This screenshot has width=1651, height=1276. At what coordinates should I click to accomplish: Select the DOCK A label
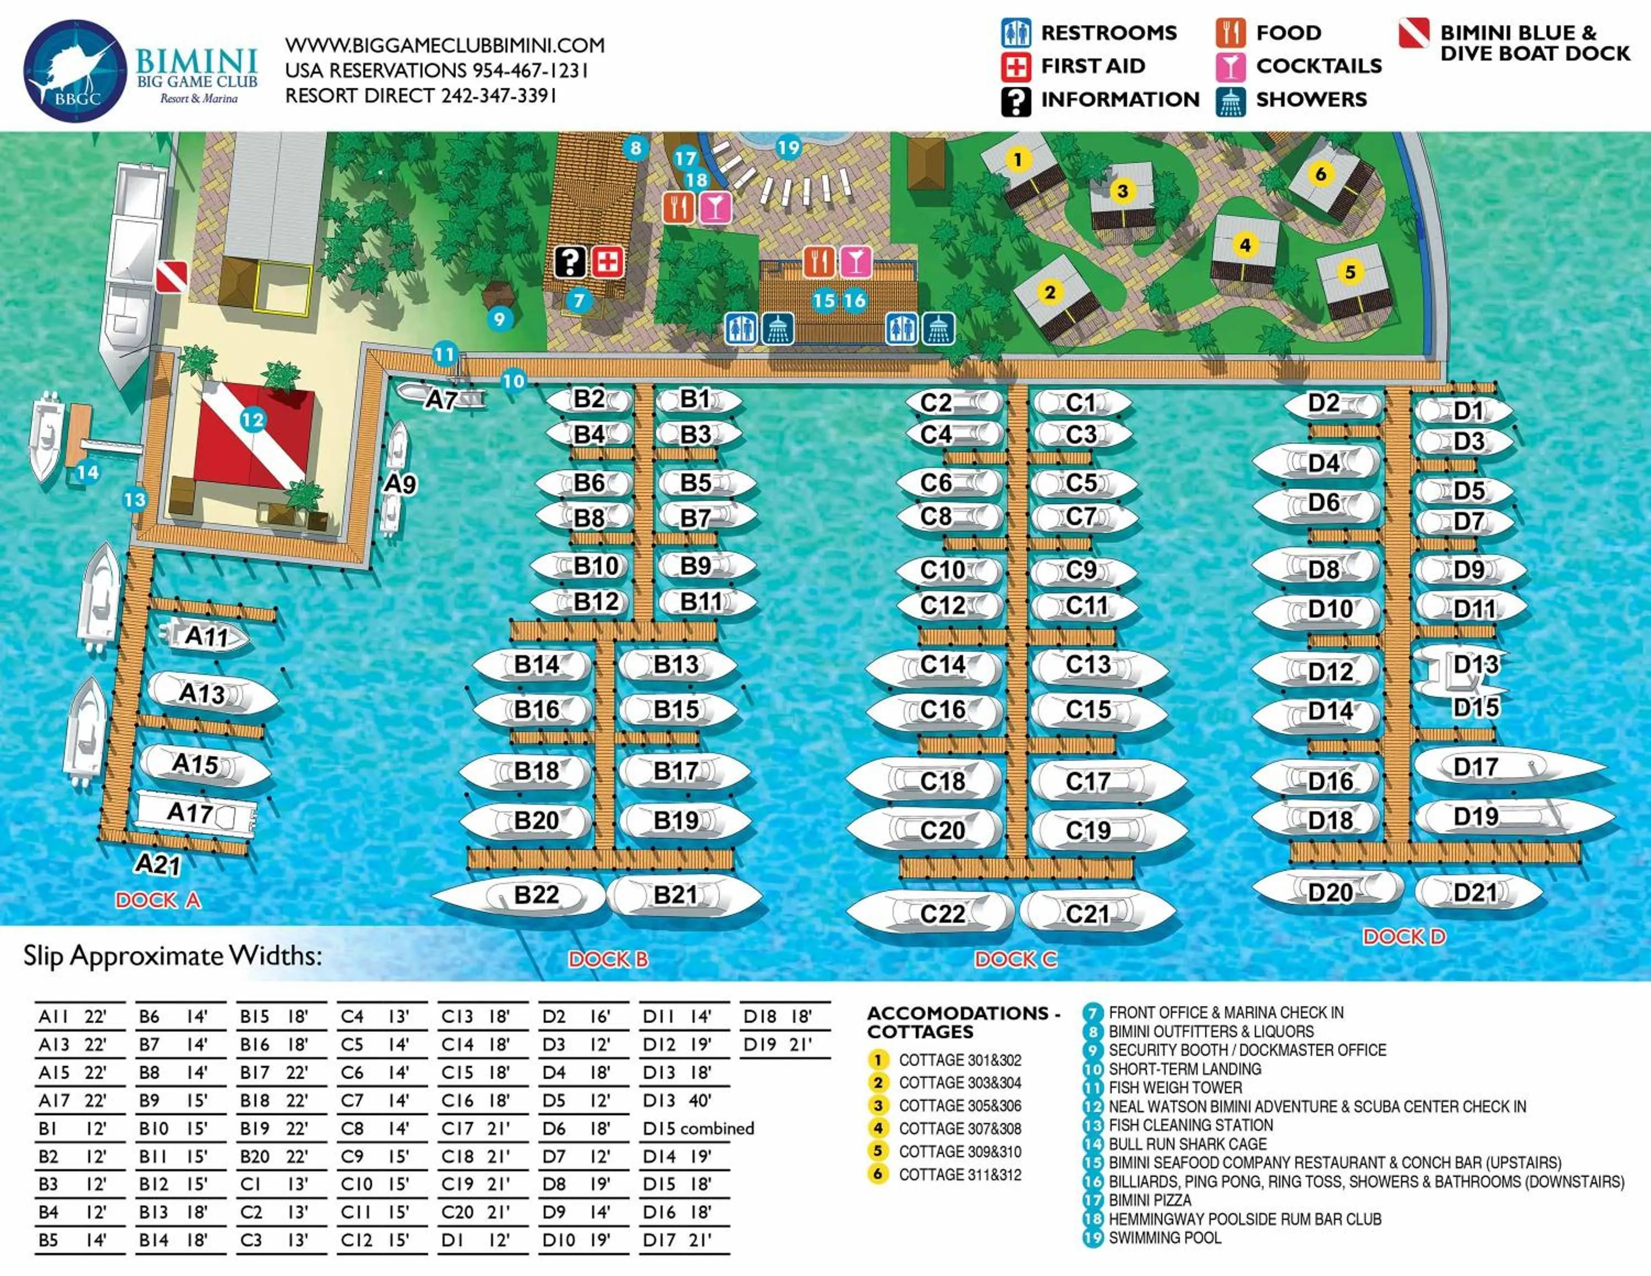click(158, 901)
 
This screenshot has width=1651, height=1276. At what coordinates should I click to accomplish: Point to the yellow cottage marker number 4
click(1245, 245)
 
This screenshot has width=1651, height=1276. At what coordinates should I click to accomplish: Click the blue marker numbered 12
click(253, 421)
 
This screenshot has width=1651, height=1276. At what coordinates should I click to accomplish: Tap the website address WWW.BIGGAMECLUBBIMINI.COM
click(445, 45)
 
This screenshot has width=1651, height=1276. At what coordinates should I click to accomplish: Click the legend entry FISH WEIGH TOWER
click(1175, 1088)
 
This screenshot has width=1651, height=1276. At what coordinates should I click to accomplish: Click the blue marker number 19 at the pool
click(789, 148)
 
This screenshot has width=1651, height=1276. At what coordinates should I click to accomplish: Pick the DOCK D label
click(1404, 937)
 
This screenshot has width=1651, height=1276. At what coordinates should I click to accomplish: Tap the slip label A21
click(158, 863)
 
